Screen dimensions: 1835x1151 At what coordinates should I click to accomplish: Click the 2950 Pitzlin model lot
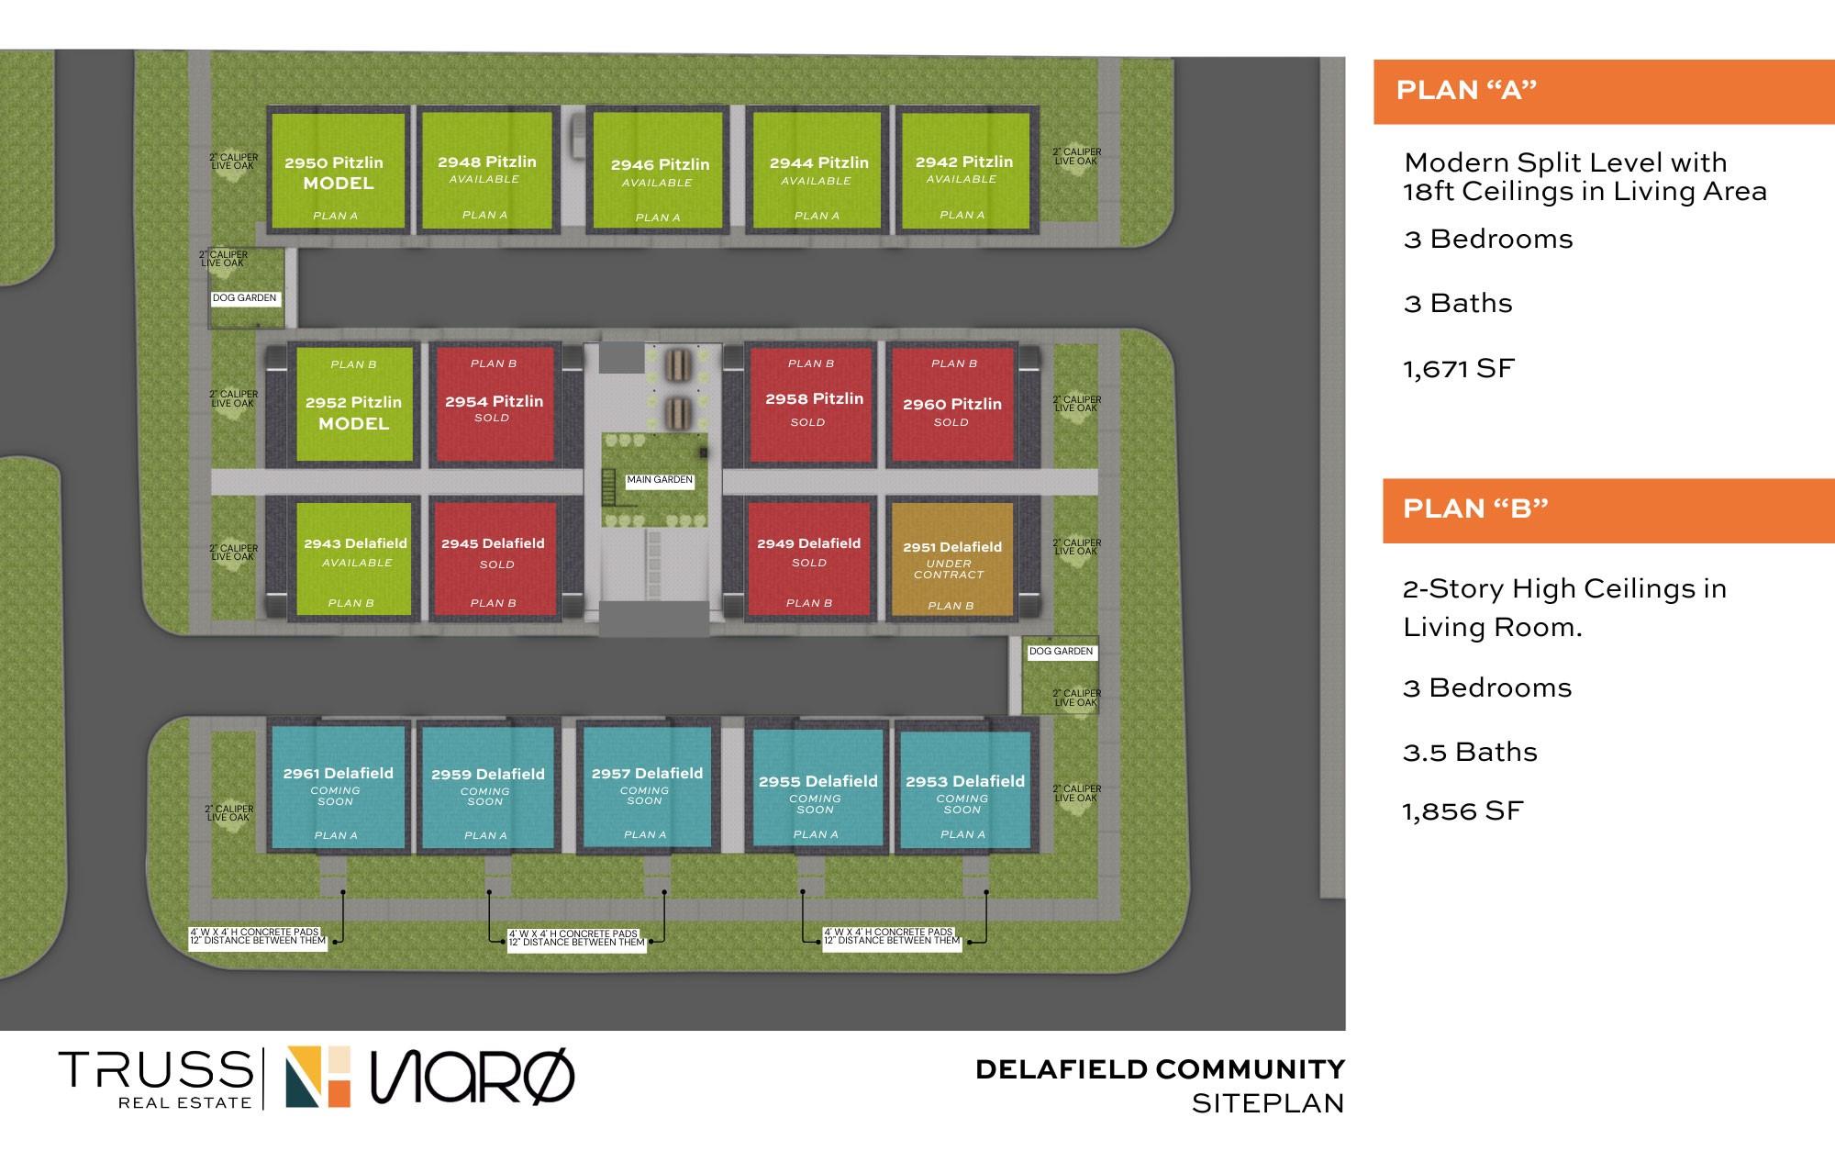337,171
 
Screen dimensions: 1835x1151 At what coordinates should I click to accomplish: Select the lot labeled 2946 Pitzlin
660,171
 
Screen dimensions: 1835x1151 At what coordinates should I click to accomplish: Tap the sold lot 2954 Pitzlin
494,404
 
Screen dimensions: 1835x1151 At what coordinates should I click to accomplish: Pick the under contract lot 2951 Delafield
951,559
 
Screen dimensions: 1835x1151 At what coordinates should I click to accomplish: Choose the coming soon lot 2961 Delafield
337,788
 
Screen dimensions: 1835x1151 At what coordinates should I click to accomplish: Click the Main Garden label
660,480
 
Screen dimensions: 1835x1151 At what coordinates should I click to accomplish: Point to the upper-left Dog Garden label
244,298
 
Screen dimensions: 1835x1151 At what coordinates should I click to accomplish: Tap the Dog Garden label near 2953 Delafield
1061,652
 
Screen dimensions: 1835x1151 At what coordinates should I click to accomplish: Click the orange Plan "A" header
1604,91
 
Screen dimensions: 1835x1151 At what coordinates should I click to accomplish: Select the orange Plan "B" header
1608,510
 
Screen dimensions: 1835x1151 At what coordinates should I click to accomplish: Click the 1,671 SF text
1459,369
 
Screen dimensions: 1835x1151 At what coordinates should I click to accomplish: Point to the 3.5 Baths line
1470,753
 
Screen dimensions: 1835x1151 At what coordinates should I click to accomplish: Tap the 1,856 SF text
1462,811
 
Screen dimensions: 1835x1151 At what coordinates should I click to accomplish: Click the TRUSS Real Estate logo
156,1079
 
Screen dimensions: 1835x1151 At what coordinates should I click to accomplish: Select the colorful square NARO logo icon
318,1077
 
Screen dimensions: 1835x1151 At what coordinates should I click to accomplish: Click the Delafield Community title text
1160,1069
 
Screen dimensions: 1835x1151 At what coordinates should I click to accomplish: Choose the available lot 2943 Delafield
355,559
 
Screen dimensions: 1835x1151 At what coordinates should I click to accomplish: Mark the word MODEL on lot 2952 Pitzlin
353,424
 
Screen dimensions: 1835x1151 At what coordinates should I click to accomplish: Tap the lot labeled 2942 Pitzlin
964,171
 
